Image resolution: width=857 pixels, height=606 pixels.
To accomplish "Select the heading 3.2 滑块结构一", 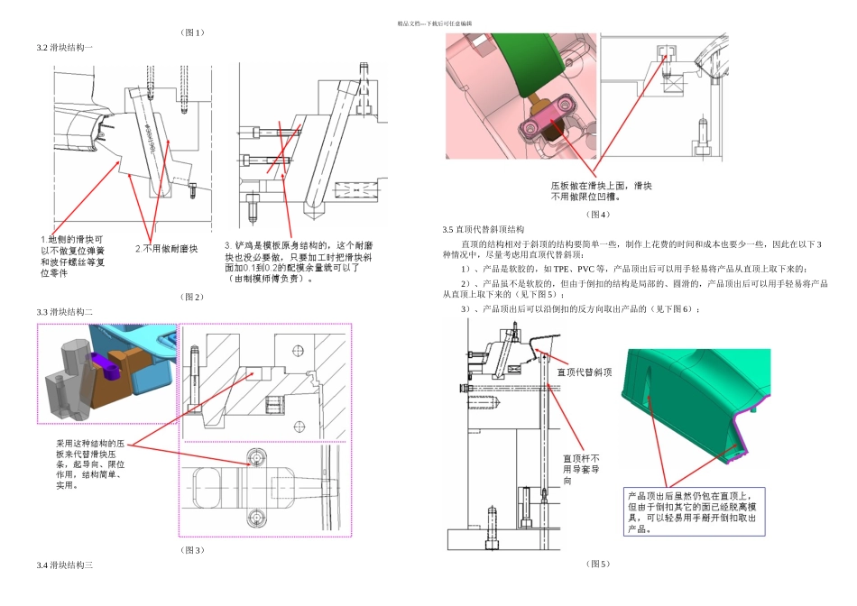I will click(65, 47).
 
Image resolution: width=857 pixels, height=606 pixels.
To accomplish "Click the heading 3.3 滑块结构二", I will click(65, 311).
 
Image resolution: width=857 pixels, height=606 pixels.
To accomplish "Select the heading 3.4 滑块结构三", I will click(65, 565).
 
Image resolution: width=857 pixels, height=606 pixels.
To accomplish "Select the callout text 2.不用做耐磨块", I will click(166, 248).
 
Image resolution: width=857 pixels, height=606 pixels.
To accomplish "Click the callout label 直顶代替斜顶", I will click(586, 372).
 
